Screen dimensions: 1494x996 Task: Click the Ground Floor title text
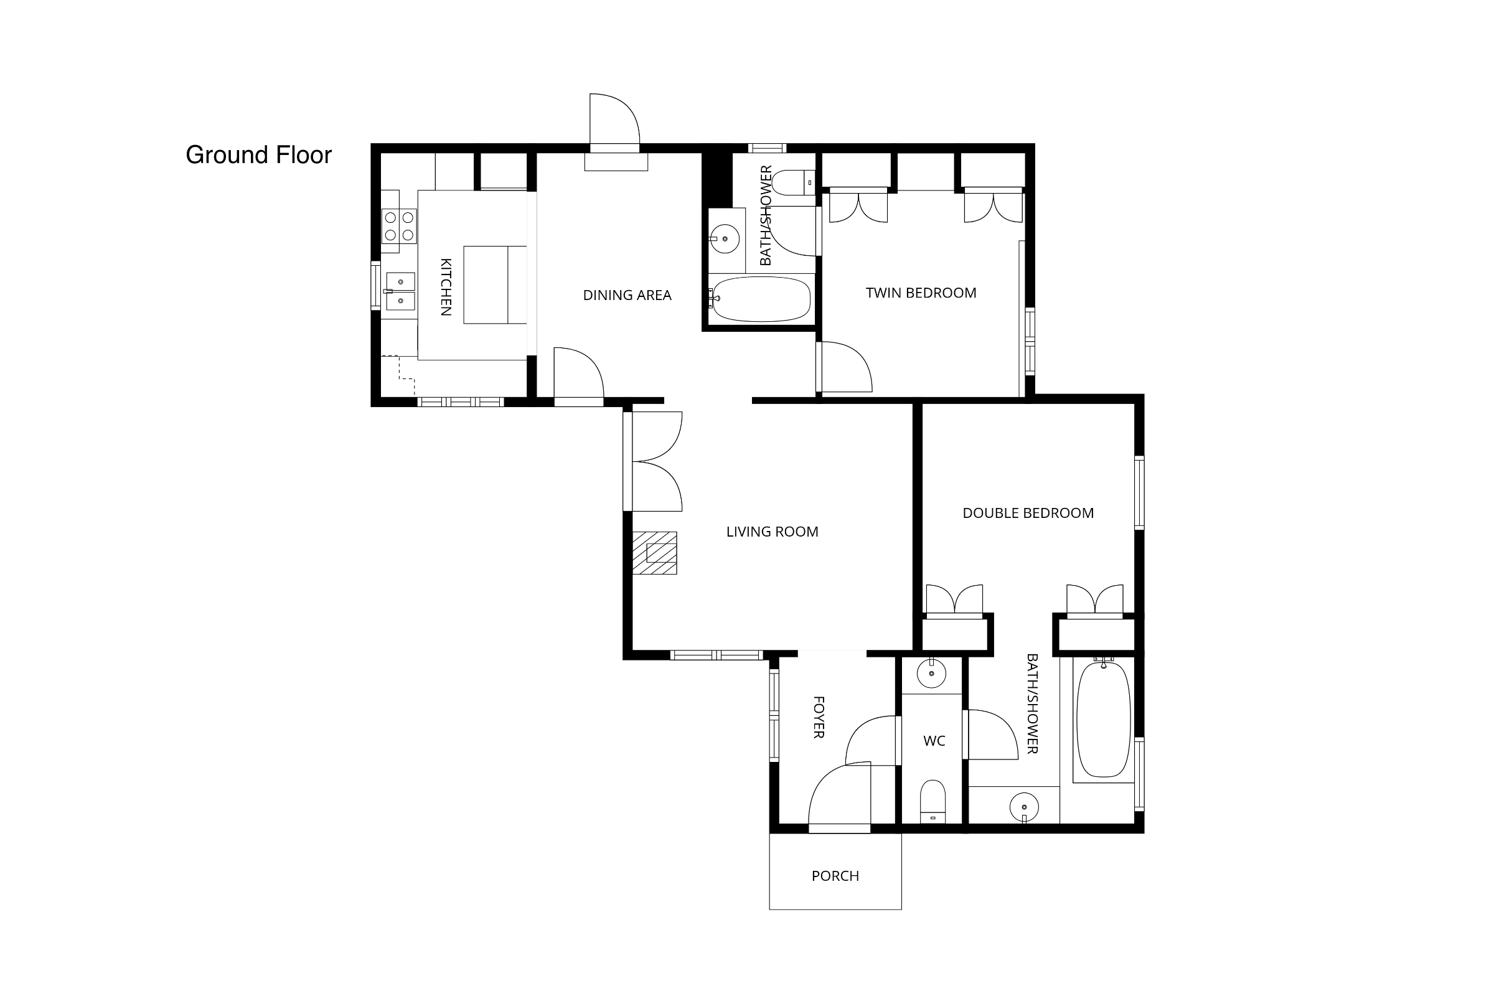click(x=258, y=155)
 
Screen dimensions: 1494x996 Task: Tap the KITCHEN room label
click(x=446, y=286)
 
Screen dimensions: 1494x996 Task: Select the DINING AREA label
click(x=627, y=294)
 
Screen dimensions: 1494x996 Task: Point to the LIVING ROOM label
click(x=772, y=532)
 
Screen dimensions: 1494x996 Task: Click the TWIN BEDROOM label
click(x=921, y=293)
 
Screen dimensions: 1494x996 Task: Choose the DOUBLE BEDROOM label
click(x=1028, y=512)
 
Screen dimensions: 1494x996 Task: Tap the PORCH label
click(x=835, y=876)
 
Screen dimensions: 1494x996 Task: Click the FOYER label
click(x=819, y=717)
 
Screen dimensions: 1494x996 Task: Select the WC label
click(x=934, y=741)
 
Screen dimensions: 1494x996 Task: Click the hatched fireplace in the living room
click(x=654, y=553)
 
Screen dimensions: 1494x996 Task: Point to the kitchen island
click(x=495, y=285)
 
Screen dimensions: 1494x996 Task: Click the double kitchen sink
click(x=400, y=291)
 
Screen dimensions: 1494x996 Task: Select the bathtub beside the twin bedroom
click(x=760, y=299)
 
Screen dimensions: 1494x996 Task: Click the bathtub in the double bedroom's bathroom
click(x=1103, y=718)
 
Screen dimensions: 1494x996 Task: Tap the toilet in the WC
click(x=933, y=802)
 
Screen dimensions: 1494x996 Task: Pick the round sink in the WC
click(x=931, y=674)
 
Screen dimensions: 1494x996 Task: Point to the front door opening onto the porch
click(x=839, y=797)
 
